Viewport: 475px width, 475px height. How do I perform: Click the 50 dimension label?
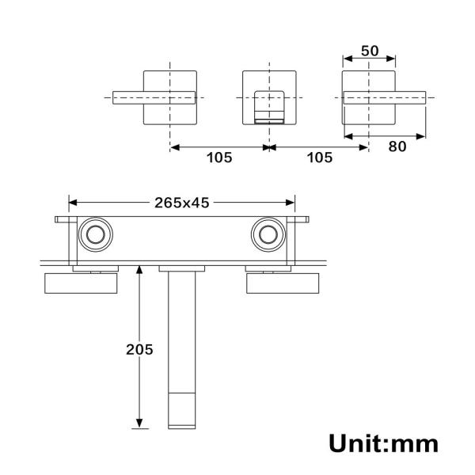tap(369, 51)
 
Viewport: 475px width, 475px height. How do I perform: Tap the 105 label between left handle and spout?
tap(219, 157)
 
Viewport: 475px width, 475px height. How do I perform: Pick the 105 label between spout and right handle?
tap(319, 157)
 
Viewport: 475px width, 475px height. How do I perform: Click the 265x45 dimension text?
tap(181, 203)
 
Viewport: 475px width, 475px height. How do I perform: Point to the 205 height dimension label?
tap(139, 348)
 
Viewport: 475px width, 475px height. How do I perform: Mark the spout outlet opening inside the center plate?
tap(268, 107)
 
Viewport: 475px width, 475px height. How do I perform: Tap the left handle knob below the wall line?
tap(81, 283)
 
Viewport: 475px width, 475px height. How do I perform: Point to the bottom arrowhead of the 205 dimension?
tap(139, 424)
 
